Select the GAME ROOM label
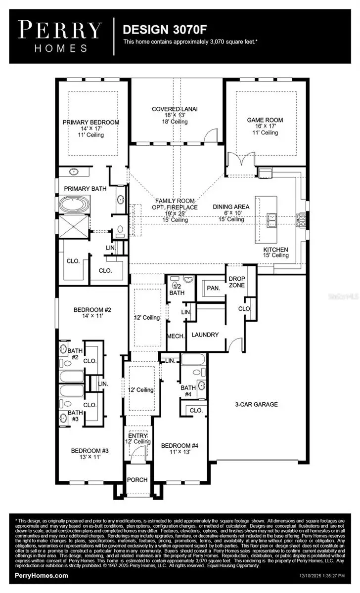coord(265,120)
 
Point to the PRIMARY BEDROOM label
coord(91,122)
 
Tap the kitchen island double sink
coord(271,219)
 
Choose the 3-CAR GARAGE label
coord(256,404)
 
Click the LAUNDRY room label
coord(205,335)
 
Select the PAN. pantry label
coord(214,288)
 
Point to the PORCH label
coord(137,480)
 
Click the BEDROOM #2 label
coord(92,310)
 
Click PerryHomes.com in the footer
coord(41,576)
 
